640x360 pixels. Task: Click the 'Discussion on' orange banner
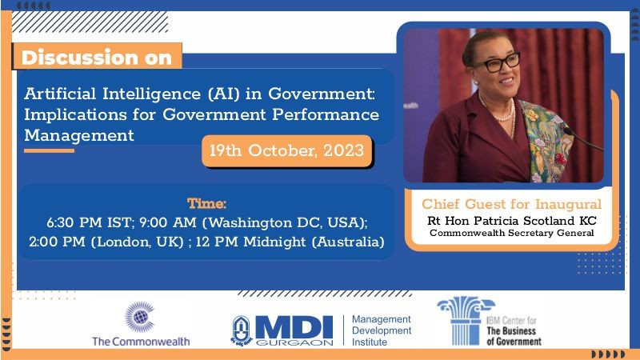tap(97, 56)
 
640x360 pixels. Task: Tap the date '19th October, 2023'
tap(286, 150)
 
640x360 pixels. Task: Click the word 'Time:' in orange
tap(206, 203)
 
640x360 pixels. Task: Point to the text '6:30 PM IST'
tap(90, 222)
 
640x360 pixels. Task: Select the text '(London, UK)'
tap(137, 242)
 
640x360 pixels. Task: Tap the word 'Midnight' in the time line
tap(274, 242)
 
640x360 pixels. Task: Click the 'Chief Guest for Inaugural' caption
tap(511, 204)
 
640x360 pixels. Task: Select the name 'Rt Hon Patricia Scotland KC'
tap(512, 221)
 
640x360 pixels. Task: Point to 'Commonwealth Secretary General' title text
tap(512, 233)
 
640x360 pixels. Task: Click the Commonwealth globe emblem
tap(139, 317)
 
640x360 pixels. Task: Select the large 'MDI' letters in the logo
tap(294, 327)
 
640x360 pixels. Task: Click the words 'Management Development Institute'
tap(382, 330)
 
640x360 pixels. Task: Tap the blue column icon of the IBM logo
tap(466, 321)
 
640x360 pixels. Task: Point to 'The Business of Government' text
tap(514, 336)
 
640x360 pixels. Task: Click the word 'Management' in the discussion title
tap(79, 135)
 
